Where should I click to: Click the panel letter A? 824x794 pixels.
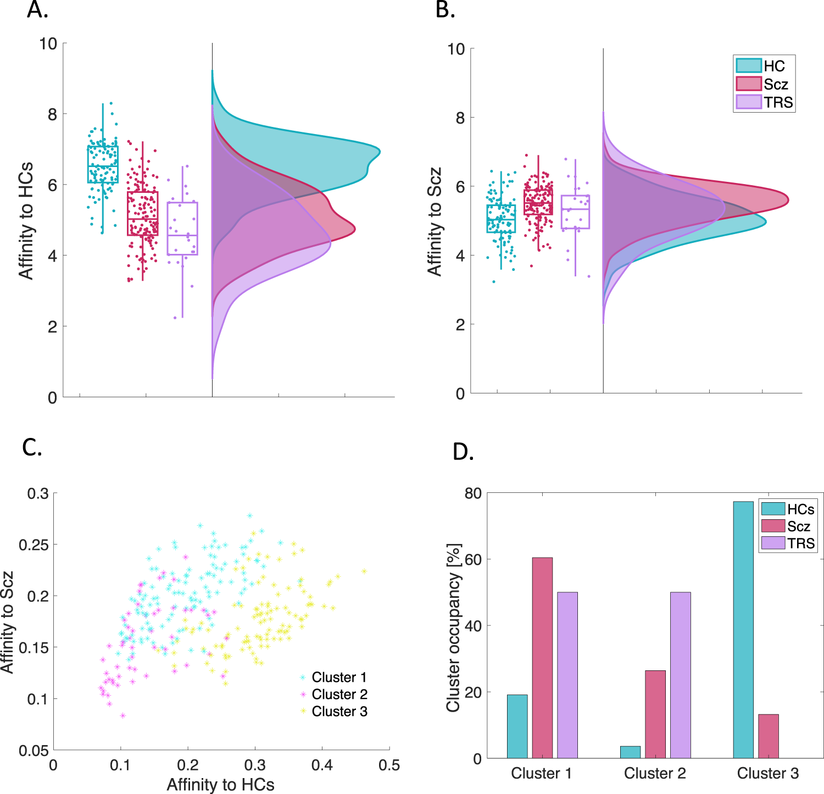[x=37, y=10]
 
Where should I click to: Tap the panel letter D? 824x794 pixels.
[x=463, y=452]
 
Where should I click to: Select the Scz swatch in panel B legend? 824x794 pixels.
[x=748, y=84]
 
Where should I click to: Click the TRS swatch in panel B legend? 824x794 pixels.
[x=748, y=102]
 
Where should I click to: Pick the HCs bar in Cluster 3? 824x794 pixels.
[x=743, y=630]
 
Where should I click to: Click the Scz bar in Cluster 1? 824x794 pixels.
[x=542, y=658]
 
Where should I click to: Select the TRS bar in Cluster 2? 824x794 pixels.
[x=680, y=675]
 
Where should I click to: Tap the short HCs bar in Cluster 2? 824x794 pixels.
[x=630, y=752]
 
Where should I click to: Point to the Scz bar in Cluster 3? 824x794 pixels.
[x=768, y=736]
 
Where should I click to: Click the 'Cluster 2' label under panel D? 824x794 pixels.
[x=655, y=774]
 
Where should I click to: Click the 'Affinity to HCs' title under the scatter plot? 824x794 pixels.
[x=220, y=785]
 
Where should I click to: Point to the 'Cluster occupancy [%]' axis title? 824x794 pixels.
[x=453, y=628]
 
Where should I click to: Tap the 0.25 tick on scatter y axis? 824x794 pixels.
[x=34, y=545]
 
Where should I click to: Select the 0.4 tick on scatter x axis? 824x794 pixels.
[x=322, y=765]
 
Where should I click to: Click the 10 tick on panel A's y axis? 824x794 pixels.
[x=48, y=43]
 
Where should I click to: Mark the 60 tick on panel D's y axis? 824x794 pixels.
[x=473, y=559]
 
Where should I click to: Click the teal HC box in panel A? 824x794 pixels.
[x=103, y=164]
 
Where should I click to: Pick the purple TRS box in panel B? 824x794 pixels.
[x=575, y=212]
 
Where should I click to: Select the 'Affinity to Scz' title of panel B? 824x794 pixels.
[x=435, y=221]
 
